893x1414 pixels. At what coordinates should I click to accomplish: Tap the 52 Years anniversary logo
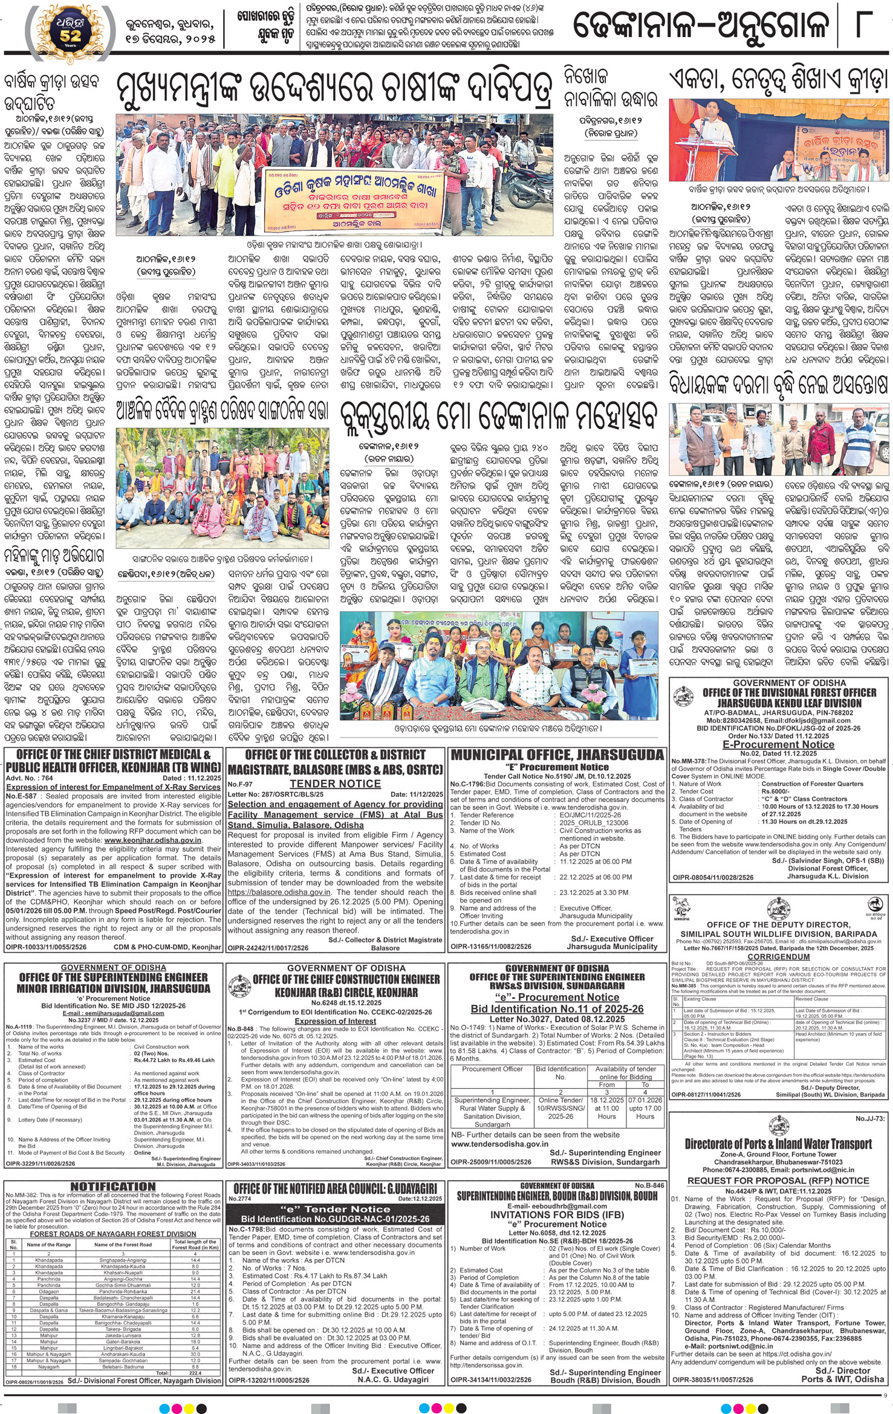(68, 30)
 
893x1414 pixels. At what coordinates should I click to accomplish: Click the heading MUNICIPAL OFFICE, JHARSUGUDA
(557, 754)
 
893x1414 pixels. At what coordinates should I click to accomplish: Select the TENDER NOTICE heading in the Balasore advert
(335, 783)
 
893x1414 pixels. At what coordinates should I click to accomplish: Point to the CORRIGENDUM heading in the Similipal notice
(778, 956)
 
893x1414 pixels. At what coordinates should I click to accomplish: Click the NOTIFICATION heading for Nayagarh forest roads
(113, 1186)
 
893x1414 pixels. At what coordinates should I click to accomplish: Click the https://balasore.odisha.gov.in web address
(279, 892)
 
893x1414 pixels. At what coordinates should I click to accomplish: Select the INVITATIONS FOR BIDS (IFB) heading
(557, 1214)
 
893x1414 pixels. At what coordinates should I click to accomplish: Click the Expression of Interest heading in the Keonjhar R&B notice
(336, 1021)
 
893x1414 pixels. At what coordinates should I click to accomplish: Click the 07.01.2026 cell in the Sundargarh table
(645, 1100)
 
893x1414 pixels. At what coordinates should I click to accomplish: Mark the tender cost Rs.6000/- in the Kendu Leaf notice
(774, 791)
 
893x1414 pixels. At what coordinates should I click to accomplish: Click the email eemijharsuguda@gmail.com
(113, 1013)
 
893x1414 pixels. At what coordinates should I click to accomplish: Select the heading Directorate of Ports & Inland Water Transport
(778, 1144)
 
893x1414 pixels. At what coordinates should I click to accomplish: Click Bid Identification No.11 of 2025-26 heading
(557, 1009)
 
